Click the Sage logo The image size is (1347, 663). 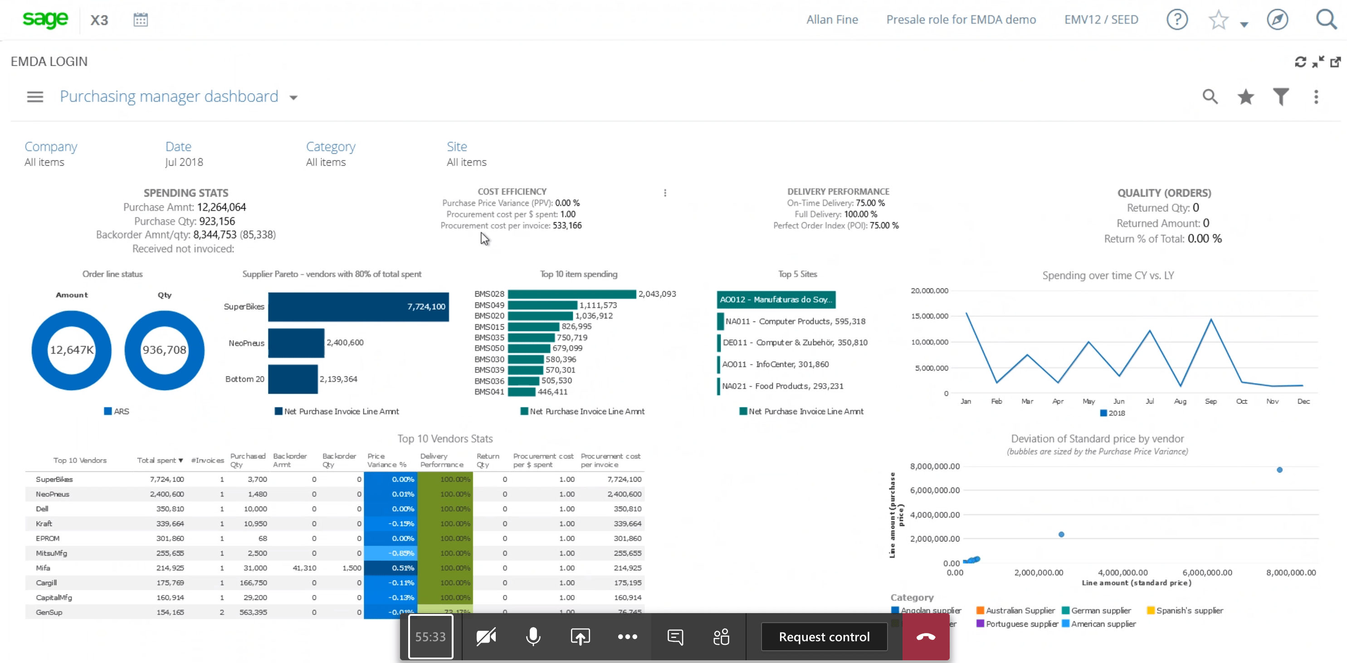45,19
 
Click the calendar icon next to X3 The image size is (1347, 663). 140,20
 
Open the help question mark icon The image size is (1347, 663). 1176,20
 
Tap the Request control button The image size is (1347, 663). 824,636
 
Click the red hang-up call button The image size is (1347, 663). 925,636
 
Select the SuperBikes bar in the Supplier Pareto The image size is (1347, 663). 358,307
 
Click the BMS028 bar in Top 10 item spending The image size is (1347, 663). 571,294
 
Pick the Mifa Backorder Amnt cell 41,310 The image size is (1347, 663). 304,568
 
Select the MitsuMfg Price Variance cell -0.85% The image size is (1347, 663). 390,553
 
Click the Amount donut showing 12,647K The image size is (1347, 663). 72,350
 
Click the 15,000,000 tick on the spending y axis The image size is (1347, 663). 929,316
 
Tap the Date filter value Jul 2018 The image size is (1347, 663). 184,162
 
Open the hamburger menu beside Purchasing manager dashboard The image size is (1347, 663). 35,97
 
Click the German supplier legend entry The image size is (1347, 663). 1100,610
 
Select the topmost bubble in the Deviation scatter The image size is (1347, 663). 1279,469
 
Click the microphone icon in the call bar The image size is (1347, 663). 533,636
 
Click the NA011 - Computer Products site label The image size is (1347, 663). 795,321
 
